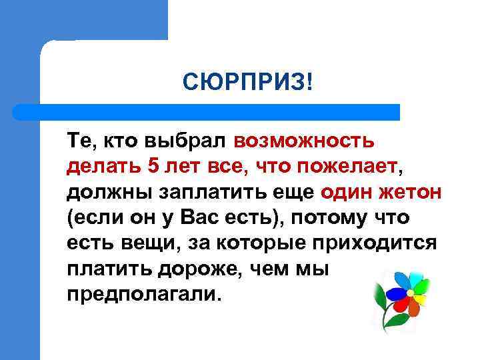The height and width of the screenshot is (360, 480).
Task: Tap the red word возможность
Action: [x=304, y=141]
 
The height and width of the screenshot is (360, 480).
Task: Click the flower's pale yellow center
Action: [x=411, y=293]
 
